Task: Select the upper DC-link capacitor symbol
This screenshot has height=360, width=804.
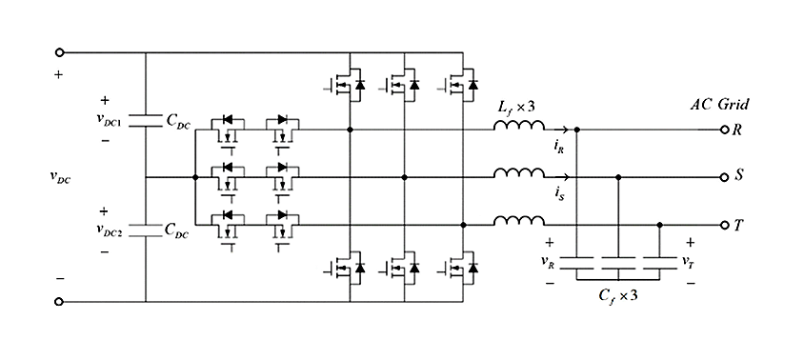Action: (146, 121)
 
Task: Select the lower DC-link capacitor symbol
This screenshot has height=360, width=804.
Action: (146, 230)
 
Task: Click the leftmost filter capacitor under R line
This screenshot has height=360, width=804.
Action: (578, 260)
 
